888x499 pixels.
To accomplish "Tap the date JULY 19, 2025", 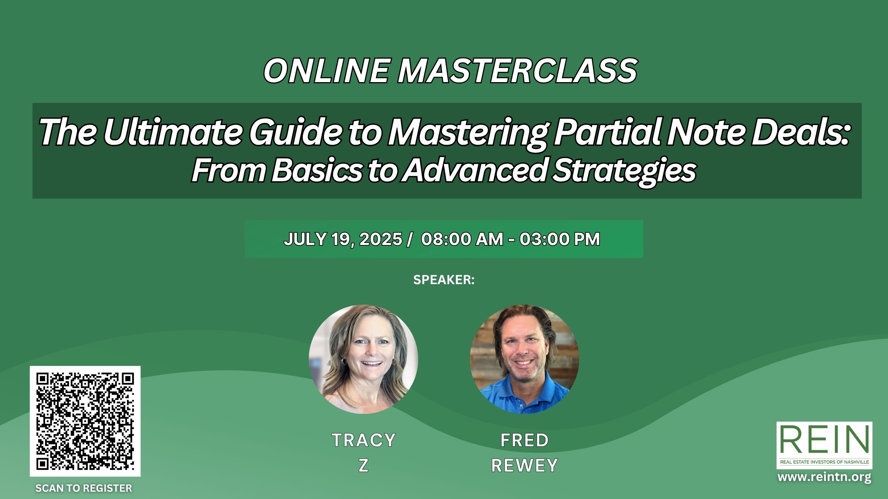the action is click(x=343, y=239).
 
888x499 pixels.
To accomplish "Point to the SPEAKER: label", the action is click(x=444, y=280).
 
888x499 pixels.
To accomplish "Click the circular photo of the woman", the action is click(x=364, y=359).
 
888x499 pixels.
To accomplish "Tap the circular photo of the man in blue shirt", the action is click(x=524, y=359).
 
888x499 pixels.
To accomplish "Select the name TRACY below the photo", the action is click(x=364, y=440).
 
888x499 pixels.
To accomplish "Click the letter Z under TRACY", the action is click(x=364, y=465).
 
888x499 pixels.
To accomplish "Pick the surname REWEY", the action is click(x=524, y=465).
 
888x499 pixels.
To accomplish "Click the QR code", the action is click(x=85, y=421).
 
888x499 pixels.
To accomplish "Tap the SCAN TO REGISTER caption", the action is click(x=84, y=488).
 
